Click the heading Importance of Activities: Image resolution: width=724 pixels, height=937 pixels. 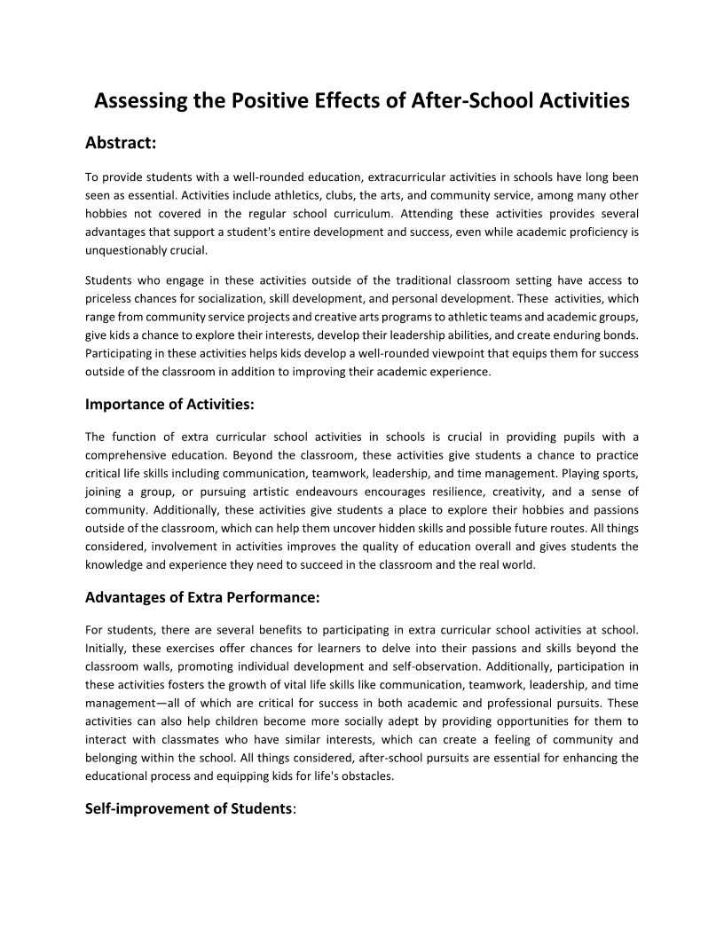pyautogui.click(x=169, y=405)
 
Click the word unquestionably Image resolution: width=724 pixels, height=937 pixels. pyautogui.click(x=124, y=250)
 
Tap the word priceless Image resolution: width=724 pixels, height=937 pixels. pyautogui.click(x=107, y=298)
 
